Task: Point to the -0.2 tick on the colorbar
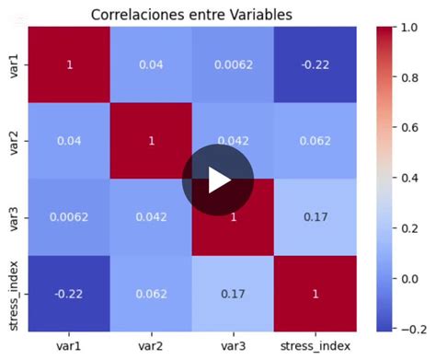(414, 329)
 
